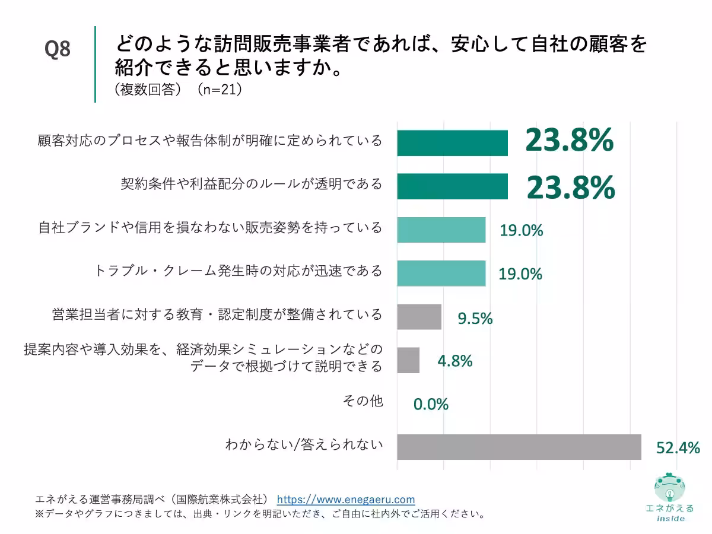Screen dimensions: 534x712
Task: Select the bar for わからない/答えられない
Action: (x=519, y=447)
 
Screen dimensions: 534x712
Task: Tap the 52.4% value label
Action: (x=678, y=448)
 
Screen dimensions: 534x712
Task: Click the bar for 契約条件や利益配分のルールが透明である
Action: (x=452, y=186)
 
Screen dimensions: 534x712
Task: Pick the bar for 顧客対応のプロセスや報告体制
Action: (x=452, y=143)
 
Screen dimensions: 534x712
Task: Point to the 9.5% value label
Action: (x=475, y=318)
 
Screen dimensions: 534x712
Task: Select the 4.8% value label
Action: (x=454, y=361)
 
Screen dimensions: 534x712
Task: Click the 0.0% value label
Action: (x=431, y=405)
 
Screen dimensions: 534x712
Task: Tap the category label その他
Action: (x=363, y=402)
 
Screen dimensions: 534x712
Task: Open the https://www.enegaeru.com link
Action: (x=346, y=499)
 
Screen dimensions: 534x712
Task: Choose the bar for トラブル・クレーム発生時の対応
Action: (x=441, y=273)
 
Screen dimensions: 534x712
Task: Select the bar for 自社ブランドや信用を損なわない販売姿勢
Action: (x=441, y=230)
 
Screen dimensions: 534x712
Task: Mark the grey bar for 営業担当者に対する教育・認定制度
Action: (x=419, y=316)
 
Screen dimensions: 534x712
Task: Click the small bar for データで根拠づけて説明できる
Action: (x=408, y=360)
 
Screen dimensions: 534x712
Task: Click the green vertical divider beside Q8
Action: (x=95, y=64)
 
